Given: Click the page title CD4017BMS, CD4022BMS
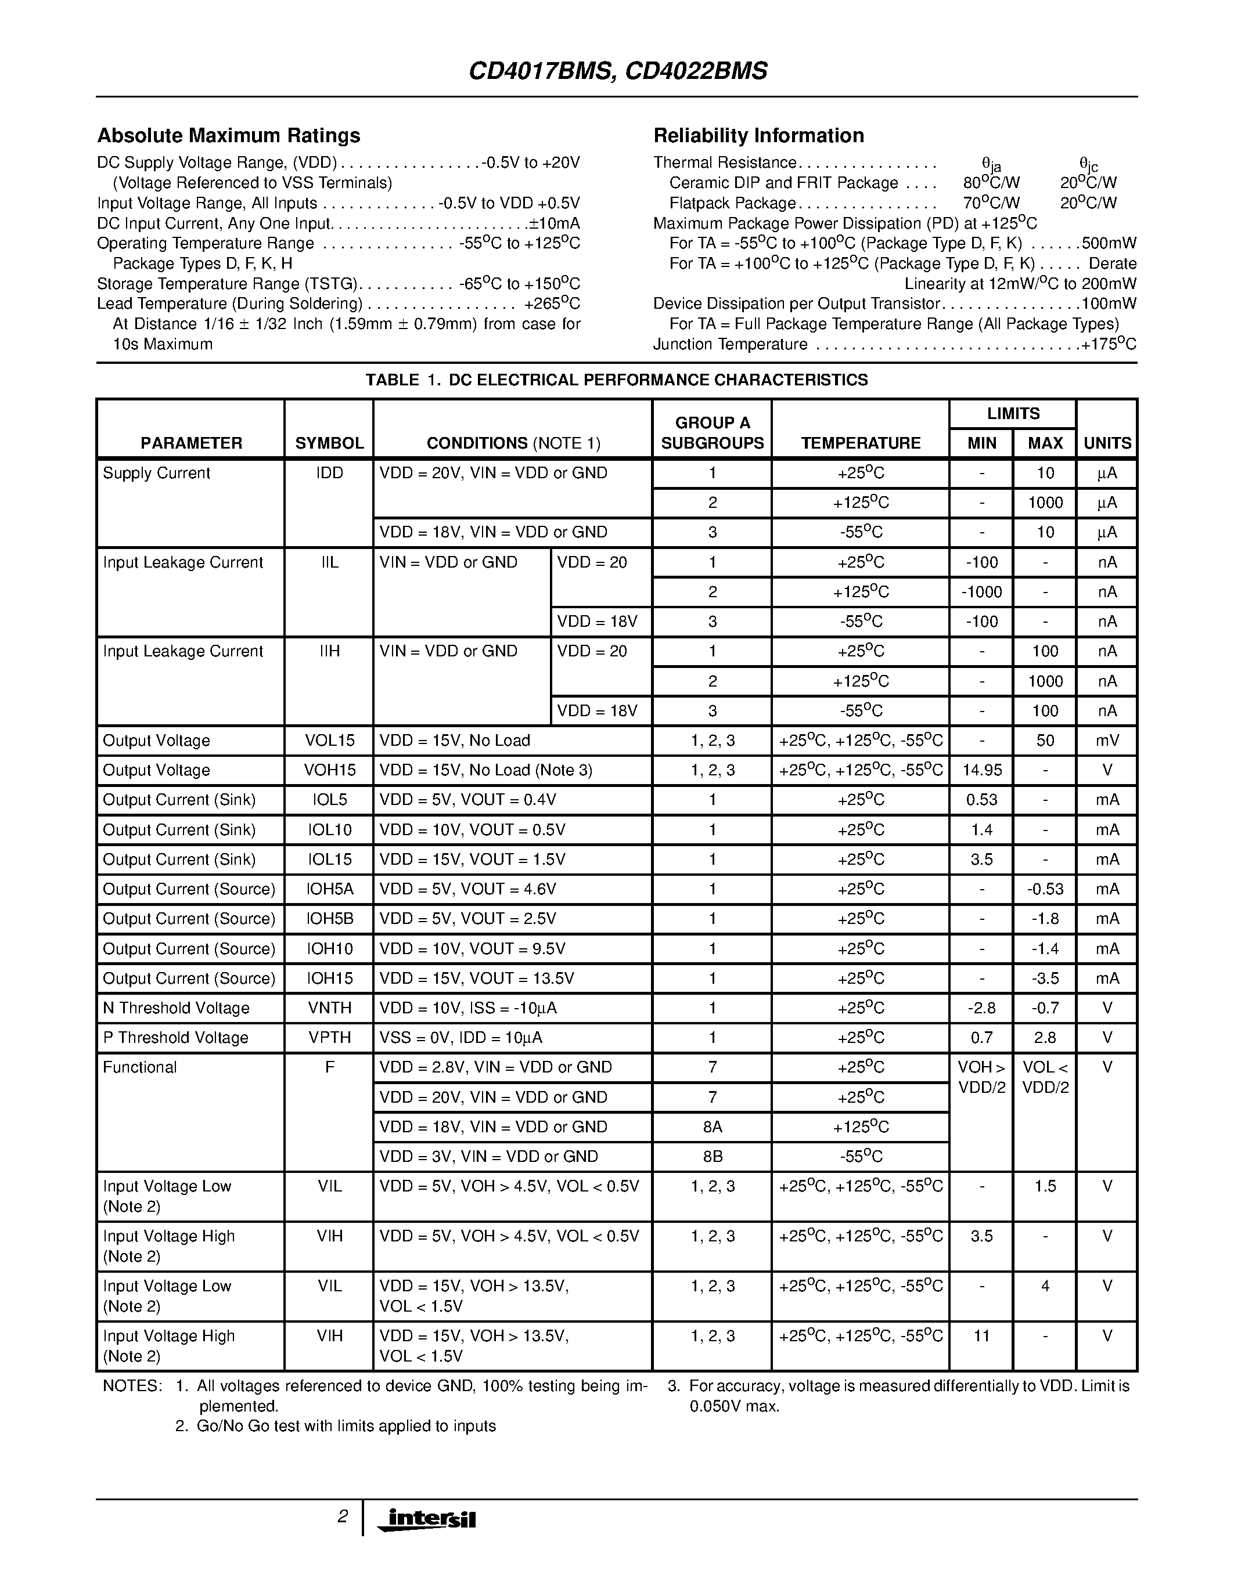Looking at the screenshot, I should coord(618,71).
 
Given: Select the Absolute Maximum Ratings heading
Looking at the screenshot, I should coord(228,136).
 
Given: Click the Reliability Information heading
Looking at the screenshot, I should coord(758,136).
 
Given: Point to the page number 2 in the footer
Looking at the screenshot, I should coord(342,1517).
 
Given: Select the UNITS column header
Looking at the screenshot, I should coord(1107,443).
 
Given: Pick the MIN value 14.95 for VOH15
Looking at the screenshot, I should coord(981,770).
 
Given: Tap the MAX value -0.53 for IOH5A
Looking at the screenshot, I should coord(1045,889).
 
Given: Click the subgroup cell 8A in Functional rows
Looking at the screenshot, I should coord(712,1127).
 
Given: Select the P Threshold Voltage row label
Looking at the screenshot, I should coord(175,1038).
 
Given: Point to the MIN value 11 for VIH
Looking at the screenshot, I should coord(981,1336).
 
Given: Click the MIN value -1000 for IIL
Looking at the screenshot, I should coord(981,592).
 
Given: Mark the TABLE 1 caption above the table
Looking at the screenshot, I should coord(616,380).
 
